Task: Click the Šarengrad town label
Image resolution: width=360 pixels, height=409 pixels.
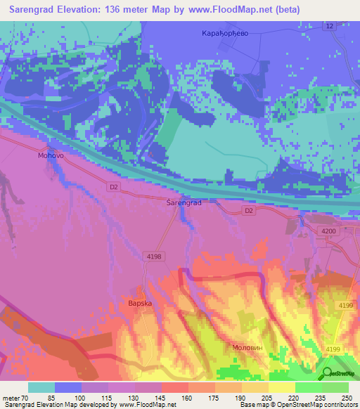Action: (184, 202)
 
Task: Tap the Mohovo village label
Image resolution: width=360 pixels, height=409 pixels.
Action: (51, 156)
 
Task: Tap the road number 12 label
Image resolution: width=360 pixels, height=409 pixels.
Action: (329, 26)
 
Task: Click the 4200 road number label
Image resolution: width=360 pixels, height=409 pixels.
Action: (328, 231)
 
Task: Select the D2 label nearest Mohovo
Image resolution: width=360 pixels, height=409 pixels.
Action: (114, 186)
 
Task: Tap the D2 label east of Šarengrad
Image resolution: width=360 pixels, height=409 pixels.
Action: (247, 210)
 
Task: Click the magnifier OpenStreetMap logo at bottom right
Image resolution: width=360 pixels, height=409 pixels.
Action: (326, 373)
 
